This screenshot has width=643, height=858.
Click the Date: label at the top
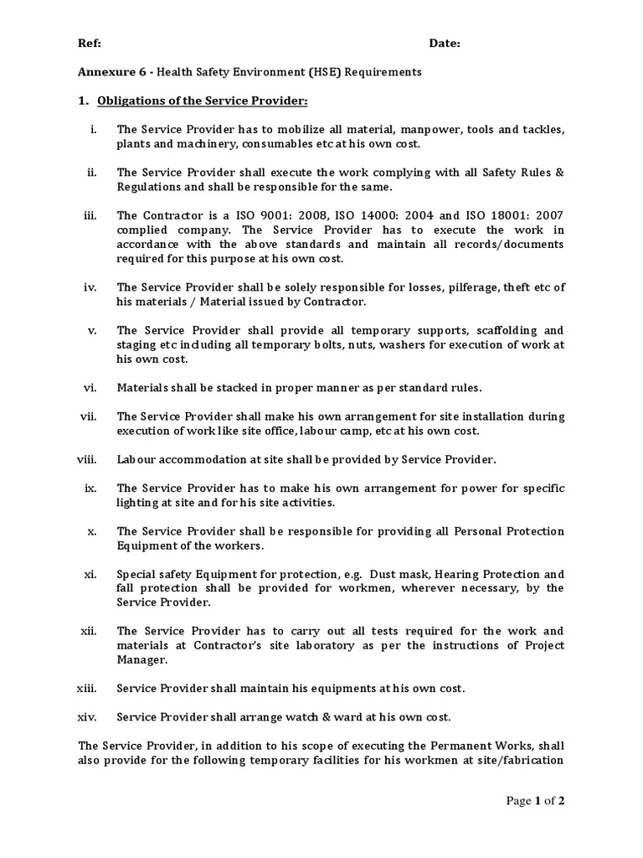pyautogui.click(x=445, y=44)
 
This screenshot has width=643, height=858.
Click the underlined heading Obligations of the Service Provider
pyautogui.click(x=203, y=101)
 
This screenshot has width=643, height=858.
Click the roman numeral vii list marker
pyautogui.click(x=89, y=416)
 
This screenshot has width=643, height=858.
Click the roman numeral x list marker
pyautogui.click(x=92, y=531)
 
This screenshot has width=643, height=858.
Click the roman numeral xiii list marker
pyautogui.click(x=87, y=688)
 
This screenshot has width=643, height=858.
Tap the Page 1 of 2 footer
pyautogui.click(x=536, y=802)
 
